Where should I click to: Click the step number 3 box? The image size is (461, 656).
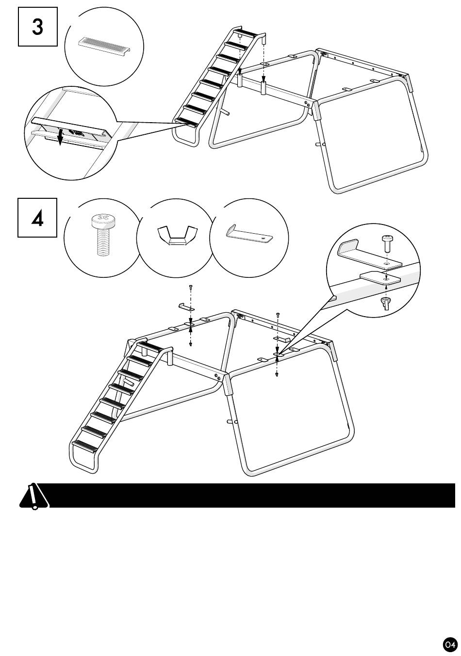[x=37, y=27]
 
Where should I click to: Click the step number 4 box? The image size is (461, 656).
[x=37, y=218]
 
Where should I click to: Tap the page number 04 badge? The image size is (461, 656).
[x=449, y=644]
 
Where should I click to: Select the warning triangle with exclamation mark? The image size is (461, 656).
[x=33, y=496]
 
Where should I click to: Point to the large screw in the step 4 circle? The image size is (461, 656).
[x=101, y=236]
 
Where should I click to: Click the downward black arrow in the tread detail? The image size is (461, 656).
[x=60, y=137]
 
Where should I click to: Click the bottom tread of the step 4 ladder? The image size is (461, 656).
[x=84, y=446]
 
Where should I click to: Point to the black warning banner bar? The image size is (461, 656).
[x=252, y=496]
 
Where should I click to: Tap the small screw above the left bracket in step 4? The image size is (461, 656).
[x=191, y=288]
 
